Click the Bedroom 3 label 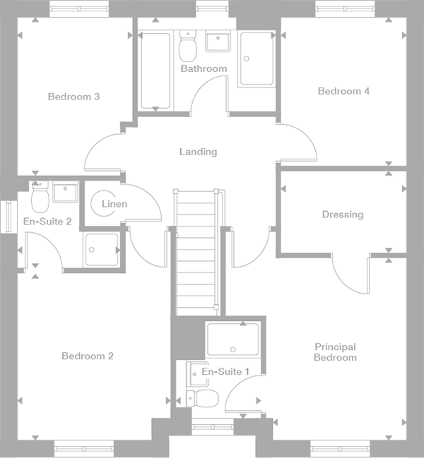pos(73,97)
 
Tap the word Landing pos(198,152)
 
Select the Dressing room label pos(342,215)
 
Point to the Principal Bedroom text pos(336,352)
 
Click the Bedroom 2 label pos(87,356)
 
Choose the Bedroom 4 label pos(343,91)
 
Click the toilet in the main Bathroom pos(188,47)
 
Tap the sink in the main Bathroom pos(219,42)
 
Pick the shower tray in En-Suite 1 pos(233,339)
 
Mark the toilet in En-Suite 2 pos(39,198)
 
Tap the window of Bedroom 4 pos(344,8)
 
